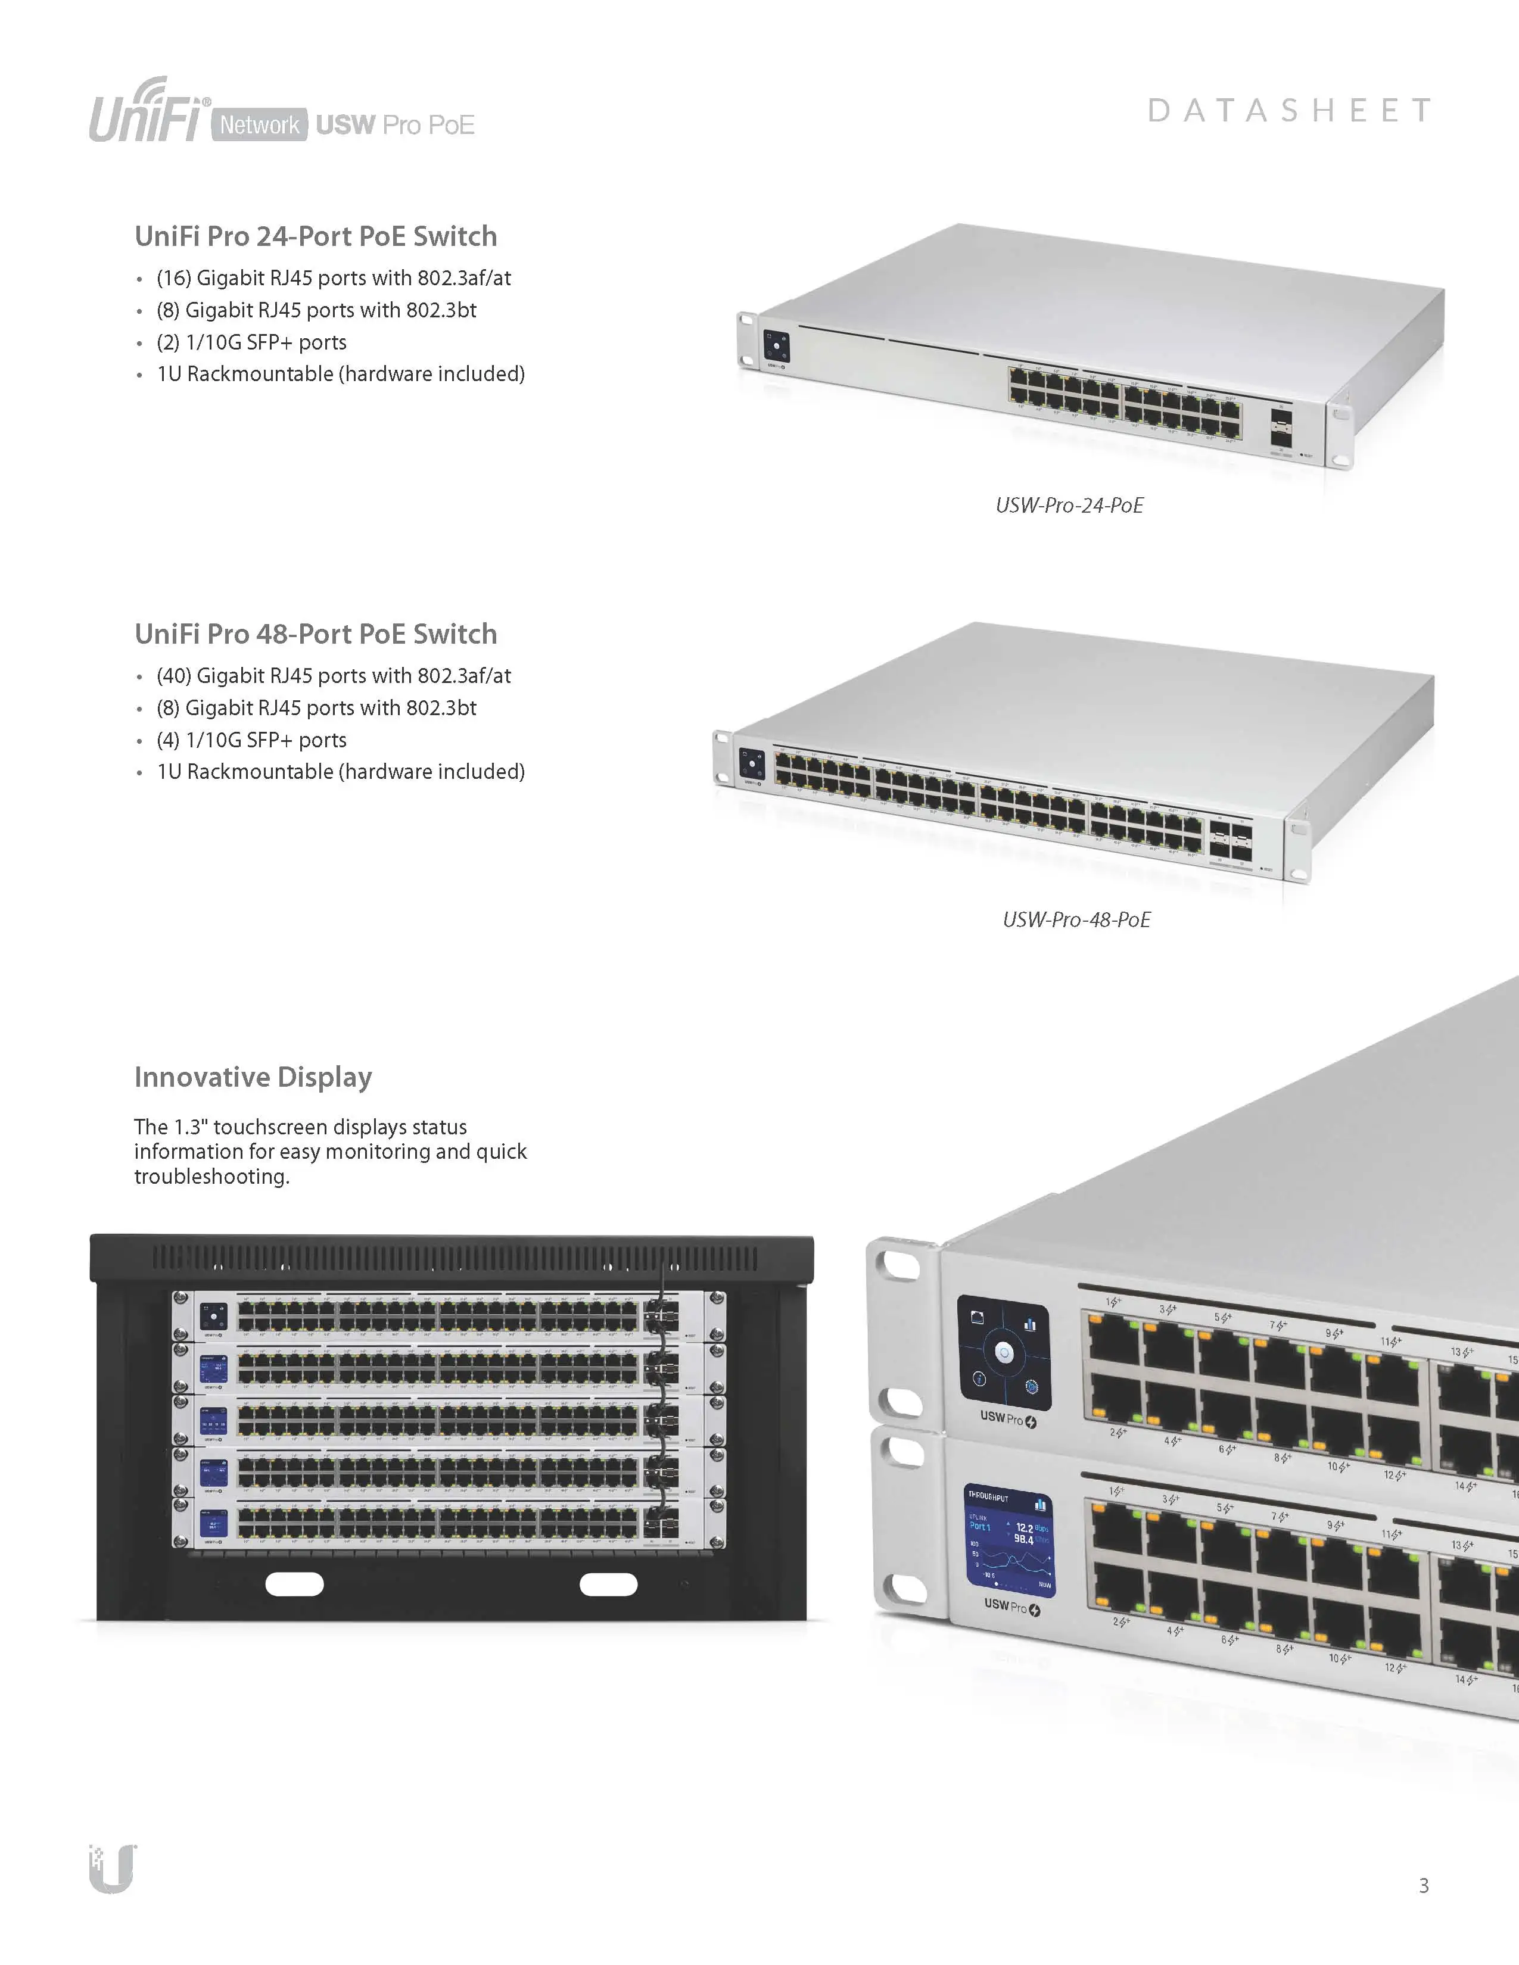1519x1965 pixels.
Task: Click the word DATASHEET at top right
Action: [1288, 111]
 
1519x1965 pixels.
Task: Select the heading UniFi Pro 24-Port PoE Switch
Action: [315, 236]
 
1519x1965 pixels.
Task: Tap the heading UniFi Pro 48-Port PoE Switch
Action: [315, 634]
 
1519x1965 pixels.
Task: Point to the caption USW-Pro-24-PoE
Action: [1069, 506]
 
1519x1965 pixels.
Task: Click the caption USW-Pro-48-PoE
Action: [1076, 919]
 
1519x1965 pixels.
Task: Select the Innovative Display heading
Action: [253, 1077]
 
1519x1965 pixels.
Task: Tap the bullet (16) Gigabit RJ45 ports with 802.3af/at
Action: [333, 278]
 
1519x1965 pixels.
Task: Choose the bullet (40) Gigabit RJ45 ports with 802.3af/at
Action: [333, 676]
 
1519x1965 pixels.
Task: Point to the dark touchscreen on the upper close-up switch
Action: [1003, 1350]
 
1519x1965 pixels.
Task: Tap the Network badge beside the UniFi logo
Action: [259, 124]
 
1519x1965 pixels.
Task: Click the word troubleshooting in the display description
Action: [211, 1177]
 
